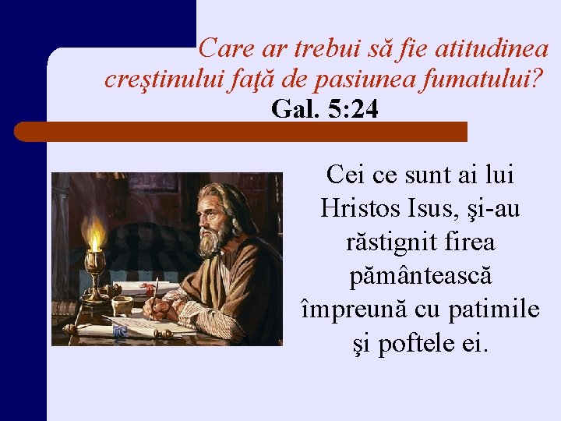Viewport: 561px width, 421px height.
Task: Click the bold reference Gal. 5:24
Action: click(325, 110)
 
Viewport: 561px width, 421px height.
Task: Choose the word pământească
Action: click(420, 276)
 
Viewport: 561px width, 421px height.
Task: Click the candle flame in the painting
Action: click(95, 232)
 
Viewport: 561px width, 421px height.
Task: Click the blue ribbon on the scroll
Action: click(119, 331)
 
